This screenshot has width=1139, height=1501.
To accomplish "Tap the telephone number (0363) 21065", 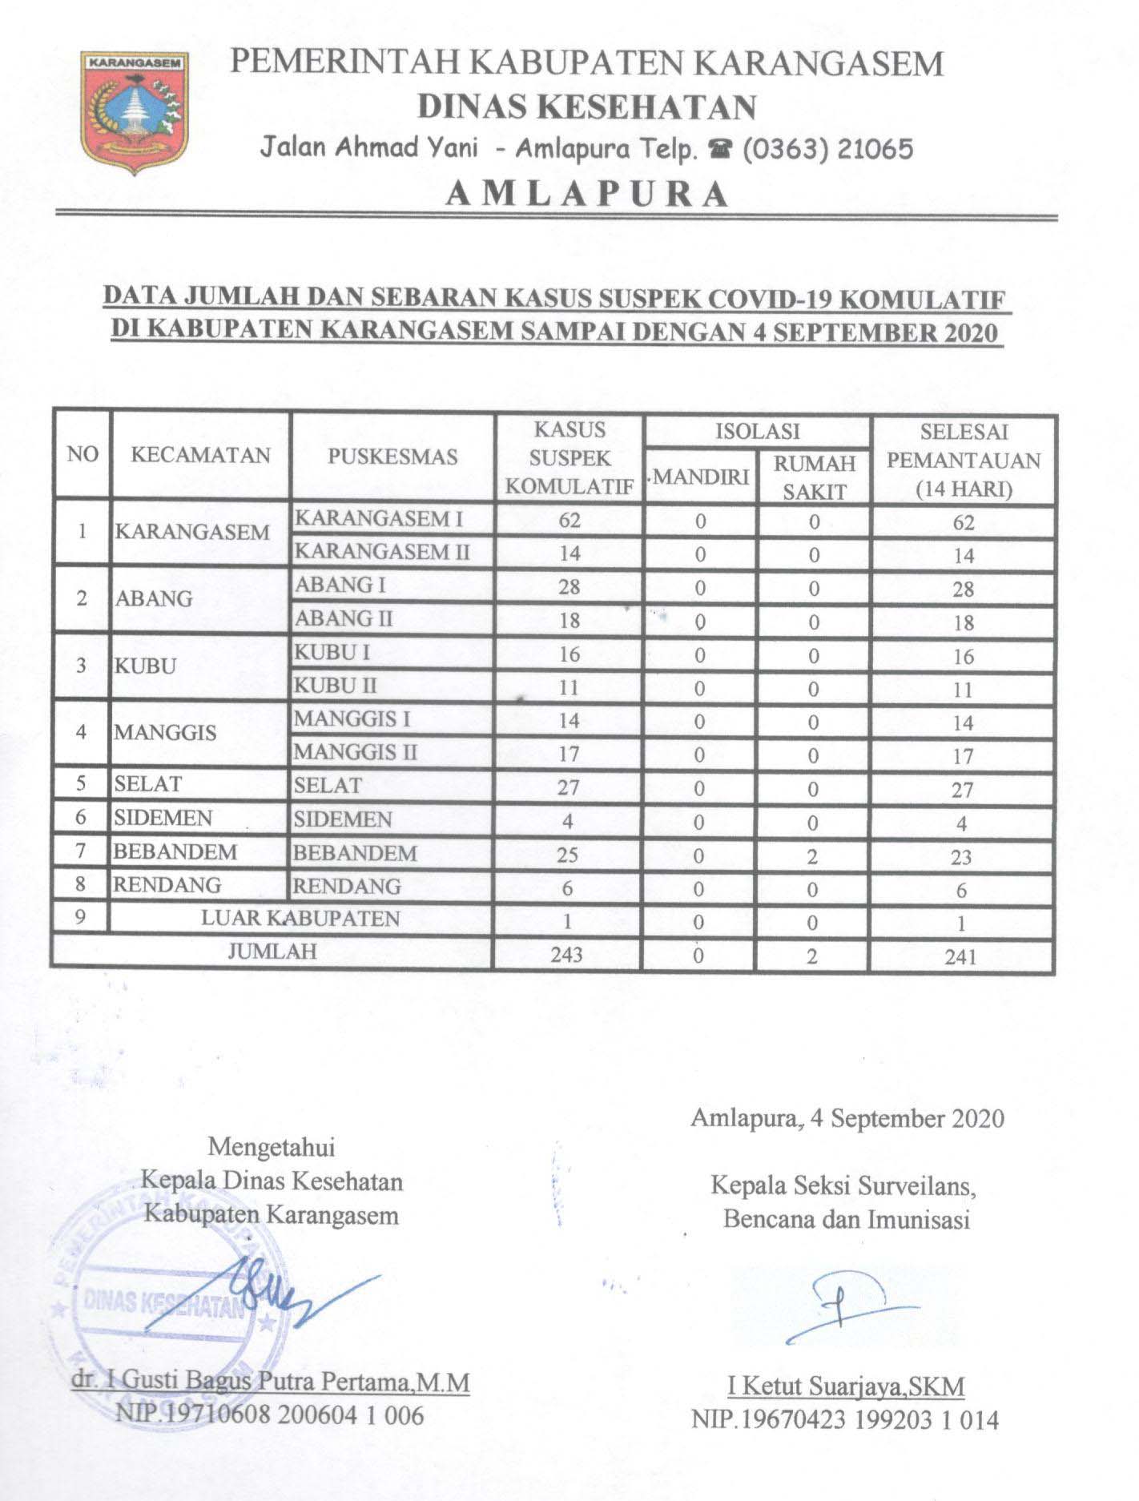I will tap(828, 149).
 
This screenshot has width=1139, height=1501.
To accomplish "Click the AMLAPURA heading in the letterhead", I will tap(587, 193).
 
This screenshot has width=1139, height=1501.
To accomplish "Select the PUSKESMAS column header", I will tap(392, 457).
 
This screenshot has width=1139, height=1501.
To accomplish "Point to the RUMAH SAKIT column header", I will tap(814, 478).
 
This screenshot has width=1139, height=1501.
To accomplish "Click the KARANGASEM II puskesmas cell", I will tap(382, 553).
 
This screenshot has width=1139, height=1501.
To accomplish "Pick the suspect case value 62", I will tap(569, 520).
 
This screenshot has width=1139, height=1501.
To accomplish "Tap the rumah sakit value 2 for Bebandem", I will tap(812, 856).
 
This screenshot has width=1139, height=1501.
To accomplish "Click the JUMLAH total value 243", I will tap(567, 955).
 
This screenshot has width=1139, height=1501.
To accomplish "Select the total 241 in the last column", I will tap(960, 956).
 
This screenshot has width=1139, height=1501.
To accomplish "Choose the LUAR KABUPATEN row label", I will tap(300, 918).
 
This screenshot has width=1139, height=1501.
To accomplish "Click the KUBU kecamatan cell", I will tap(146, 666).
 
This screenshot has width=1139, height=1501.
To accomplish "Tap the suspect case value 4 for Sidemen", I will tap(568, 822).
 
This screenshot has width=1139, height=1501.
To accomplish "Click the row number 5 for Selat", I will tap(81, 783).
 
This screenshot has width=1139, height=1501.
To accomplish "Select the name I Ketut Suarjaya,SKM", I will tap(845, 1386).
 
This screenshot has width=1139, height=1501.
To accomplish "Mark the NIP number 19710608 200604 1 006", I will tap(270, 1415).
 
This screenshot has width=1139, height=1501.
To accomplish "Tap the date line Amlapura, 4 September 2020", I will tap(847, 1118).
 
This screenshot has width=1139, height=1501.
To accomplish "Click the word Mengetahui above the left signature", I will tap(271, 1147).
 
